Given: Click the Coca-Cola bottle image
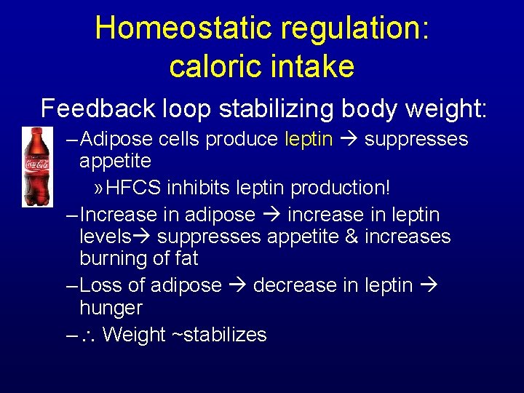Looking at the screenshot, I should [33, 167].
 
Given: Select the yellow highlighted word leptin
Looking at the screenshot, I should [309, 139].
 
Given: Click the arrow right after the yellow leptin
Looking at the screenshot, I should [347, 139].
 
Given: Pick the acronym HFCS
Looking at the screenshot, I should [135, 188].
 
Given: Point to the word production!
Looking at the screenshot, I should [341, 188].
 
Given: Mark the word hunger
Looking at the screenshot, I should [111, 307].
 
